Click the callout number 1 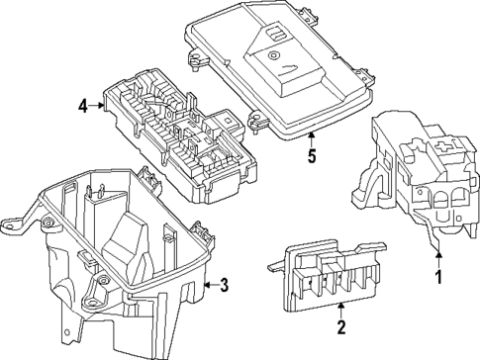[438, 277]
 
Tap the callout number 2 [341, 327]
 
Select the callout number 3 [224, 285]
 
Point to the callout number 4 [83, 106]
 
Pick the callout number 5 [312, 155]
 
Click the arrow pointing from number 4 [96, 105]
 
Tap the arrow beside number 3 [212, 284]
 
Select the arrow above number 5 [312, 139]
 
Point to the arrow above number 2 [341, 311]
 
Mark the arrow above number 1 [438, 260]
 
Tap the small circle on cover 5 [272, 55]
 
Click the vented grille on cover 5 [276, 33]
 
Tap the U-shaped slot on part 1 [441, 217]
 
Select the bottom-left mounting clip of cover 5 [258, 121]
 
